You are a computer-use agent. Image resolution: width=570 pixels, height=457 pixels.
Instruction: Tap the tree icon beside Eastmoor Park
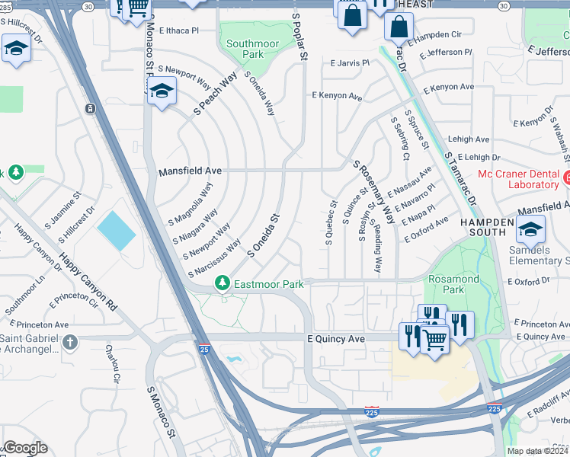(x=222, y=283)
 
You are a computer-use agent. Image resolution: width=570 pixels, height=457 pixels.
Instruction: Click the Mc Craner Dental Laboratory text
(x=517, y=179)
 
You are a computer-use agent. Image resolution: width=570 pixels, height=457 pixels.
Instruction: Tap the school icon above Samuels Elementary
(x=530, y=227)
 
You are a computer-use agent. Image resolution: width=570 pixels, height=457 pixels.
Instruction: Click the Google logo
(x=24, y=448)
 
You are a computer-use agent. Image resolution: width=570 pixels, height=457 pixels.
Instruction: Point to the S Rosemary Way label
(x=373, y=191)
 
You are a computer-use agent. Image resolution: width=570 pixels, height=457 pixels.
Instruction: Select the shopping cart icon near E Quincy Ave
(x=434, y=339)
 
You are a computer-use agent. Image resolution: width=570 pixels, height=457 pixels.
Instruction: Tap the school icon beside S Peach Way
(x=161, y=93)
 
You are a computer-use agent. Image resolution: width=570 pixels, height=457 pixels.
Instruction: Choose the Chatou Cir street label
(x=114, y=364)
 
